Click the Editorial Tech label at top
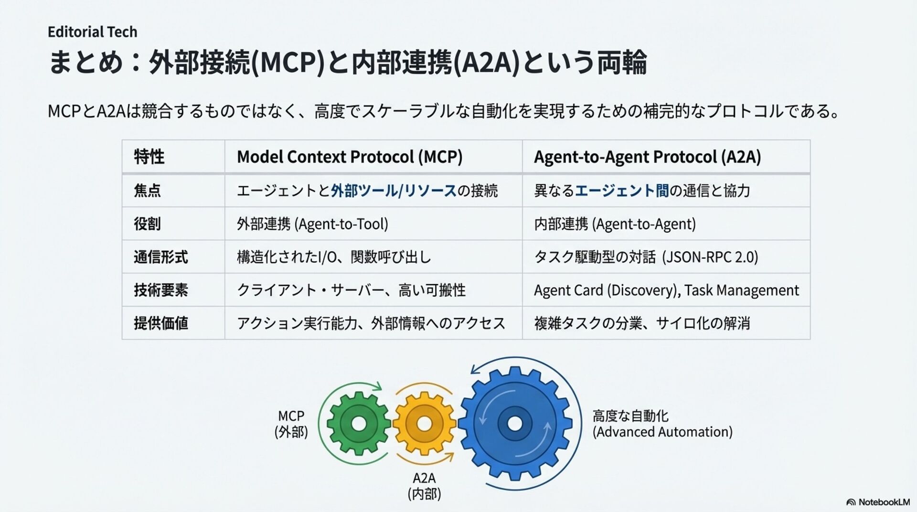[92, 32]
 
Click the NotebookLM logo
[878, 502]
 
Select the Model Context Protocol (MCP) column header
[350, 157]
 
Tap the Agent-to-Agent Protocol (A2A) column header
[647, 157]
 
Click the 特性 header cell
[149, 157]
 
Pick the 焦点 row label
[147, 191]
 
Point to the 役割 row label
[147, 224]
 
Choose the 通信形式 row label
[160, 257]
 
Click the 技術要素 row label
[160, 290]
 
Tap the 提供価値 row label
[160, 323]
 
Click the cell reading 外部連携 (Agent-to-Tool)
[312, 224]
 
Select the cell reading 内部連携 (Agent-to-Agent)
[615, 224]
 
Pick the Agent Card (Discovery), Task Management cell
[666, 290]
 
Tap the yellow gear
[424, 423]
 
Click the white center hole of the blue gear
[514, 423]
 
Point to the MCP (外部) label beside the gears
[291, 424]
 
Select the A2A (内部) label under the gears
[424, 486]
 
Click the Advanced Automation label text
[662, 432]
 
